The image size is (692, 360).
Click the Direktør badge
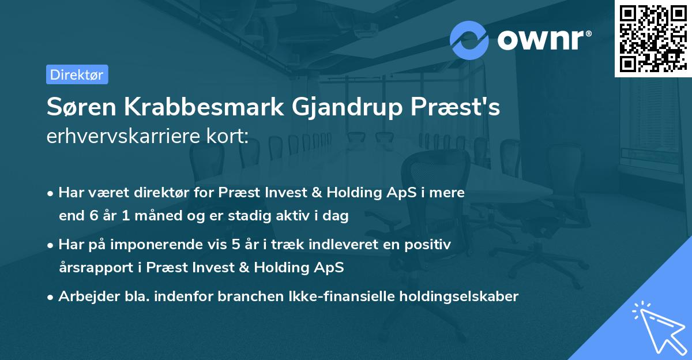tap(77, 74)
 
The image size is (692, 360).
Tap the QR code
tap(652, 38)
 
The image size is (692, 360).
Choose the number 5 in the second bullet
tap(235, 245)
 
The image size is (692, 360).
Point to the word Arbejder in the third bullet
tap(84, 297)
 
